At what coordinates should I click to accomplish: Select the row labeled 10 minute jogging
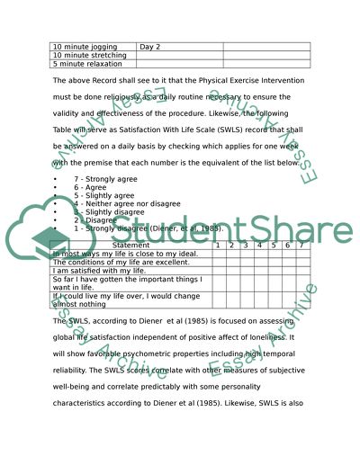tap(81, 46)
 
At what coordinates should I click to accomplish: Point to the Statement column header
tap(131, 245)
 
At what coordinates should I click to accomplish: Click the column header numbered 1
tap(218, 245)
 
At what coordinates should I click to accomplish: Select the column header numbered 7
tap(301, 245)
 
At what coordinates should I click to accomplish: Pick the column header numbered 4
tap(258, 245)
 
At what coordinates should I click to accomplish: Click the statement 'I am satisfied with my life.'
tap(99, 270)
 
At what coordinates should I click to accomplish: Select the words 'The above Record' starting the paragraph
tap(85, 82)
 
